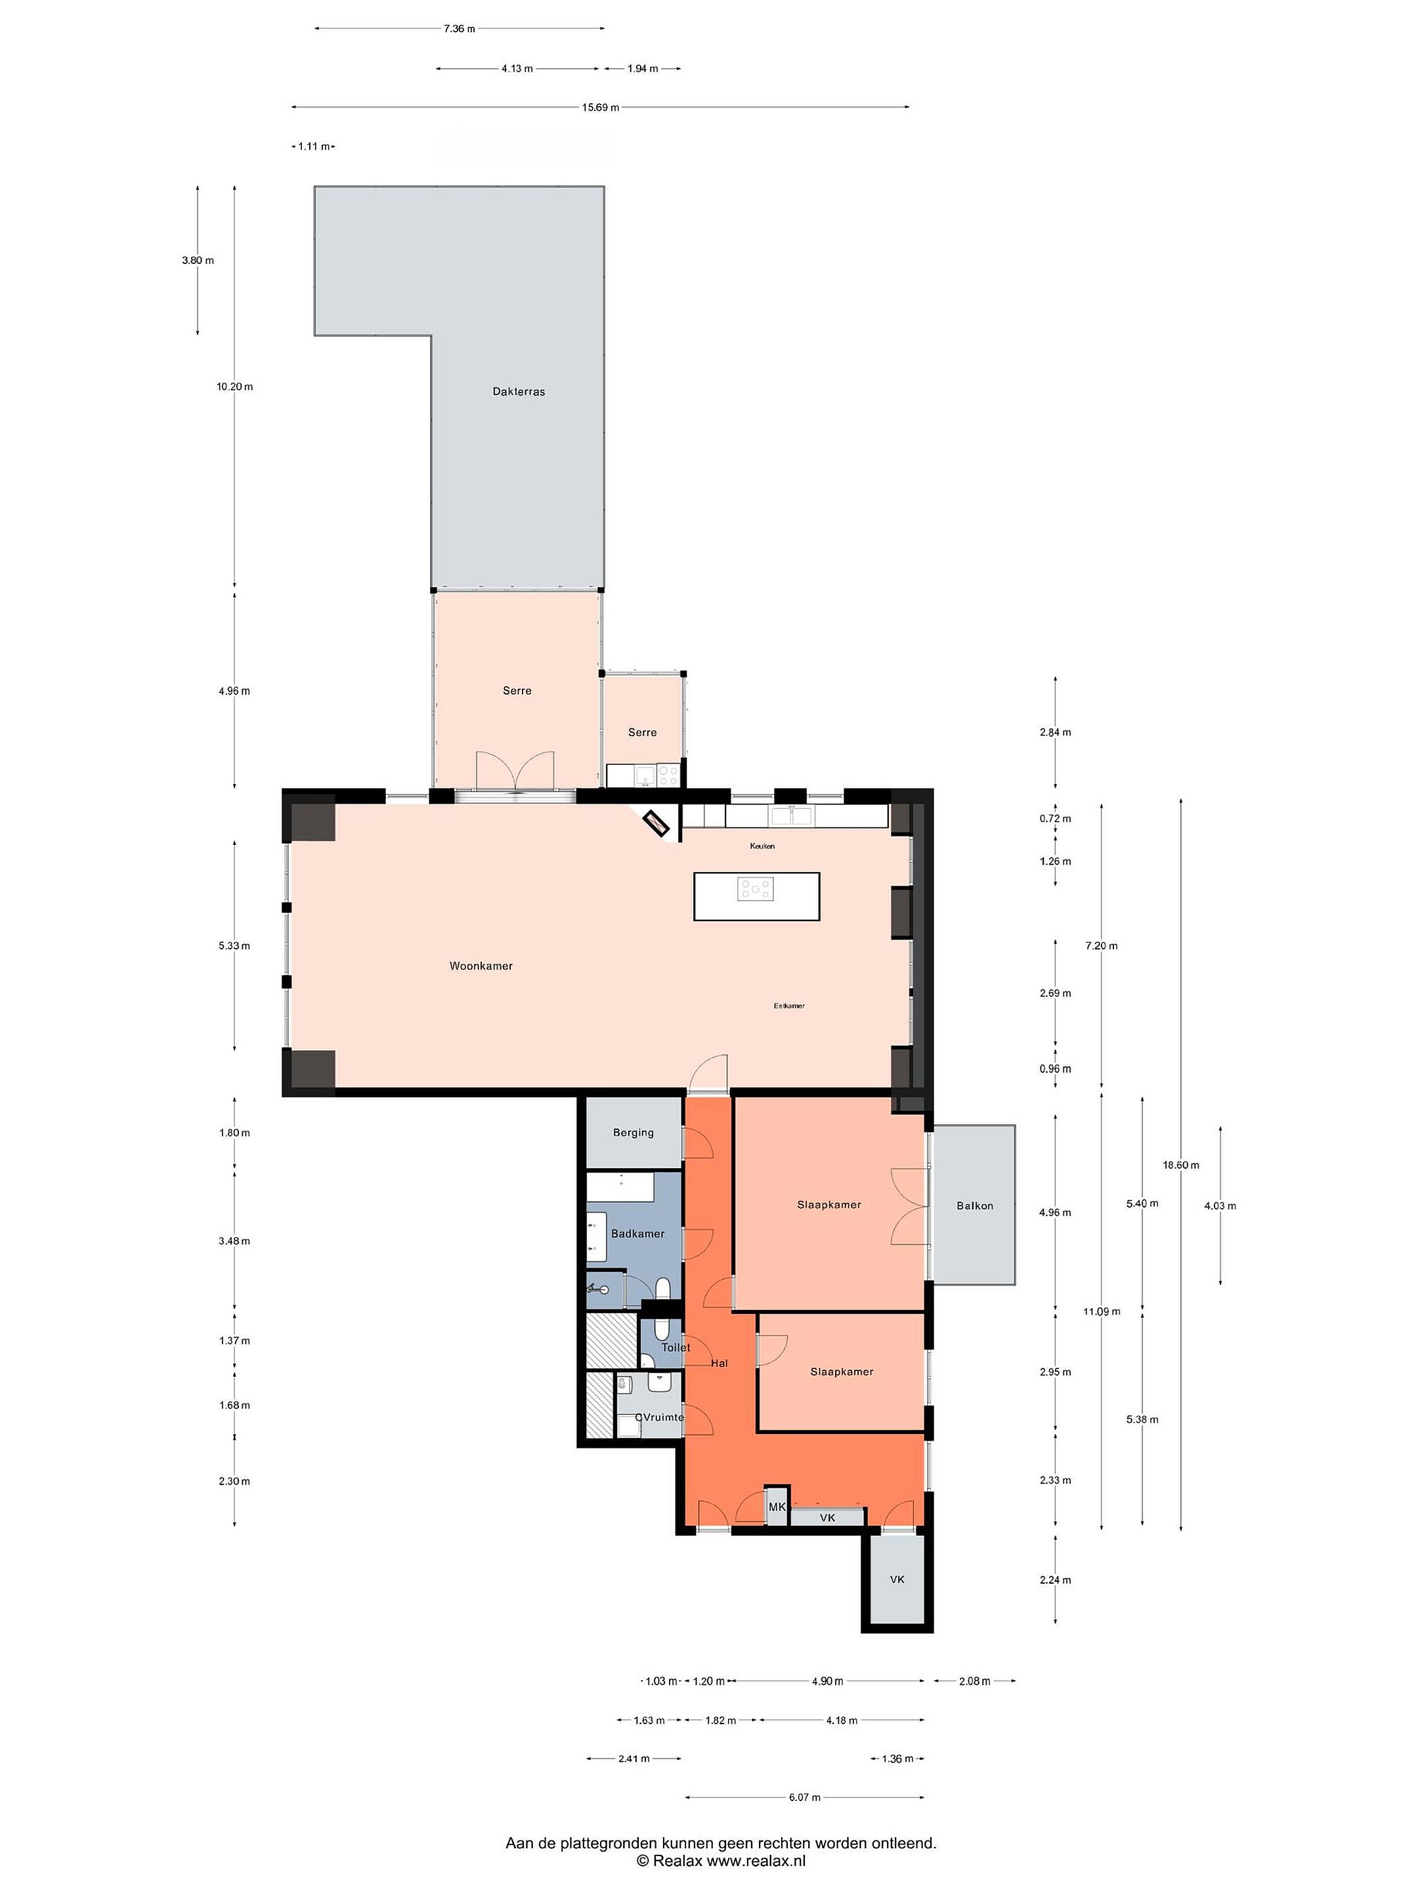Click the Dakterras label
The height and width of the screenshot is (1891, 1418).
(519, 391)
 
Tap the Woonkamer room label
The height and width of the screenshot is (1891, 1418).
(481, 966)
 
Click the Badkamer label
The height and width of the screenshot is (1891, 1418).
(637, 1234)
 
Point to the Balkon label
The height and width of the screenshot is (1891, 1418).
(974, 1206)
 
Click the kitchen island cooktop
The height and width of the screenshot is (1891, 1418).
(756, 889)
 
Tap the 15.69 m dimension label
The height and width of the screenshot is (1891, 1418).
(601, 108)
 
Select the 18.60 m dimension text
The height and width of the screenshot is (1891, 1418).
(1181, 1165)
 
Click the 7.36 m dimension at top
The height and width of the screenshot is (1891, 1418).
(459, 29)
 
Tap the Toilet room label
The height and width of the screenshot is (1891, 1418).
(676, 1347)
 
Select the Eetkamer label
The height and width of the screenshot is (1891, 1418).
(789, 1006)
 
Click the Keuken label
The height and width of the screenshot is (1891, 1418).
(762, 846)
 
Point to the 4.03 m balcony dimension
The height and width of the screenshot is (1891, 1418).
(1220, 1206)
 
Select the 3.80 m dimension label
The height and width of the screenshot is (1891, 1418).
(198, 261)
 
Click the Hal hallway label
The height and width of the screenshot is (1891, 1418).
(720, 1364)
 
